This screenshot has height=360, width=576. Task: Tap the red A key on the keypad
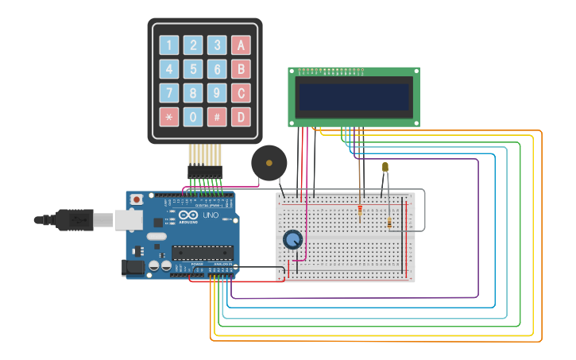pos(241,45)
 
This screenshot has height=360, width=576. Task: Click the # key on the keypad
pos(217,117)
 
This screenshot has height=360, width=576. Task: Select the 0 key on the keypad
pos(193,117)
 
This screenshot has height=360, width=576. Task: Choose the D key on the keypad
pos(241,117)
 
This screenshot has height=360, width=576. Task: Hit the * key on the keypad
pos(169,117)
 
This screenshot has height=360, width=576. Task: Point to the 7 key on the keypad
pos(169,93)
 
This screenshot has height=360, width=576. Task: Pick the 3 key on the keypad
pos(217,45)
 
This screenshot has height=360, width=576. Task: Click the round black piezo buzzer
pos(269,163)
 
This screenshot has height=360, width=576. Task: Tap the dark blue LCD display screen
pos(354,97)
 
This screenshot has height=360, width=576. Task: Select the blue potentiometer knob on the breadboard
pos(292,239)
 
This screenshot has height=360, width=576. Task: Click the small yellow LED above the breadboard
pos(385,167)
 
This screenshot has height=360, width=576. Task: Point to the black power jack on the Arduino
pos(134,268)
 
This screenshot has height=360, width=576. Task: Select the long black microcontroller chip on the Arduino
pos(202,253)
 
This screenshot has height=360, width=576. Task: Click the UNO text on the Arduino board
pos(211,215)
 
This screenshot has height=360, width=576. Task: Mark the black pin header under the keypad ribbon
pos(205,171)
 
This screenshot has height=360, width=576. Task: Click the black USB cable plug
pos(75,219)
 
